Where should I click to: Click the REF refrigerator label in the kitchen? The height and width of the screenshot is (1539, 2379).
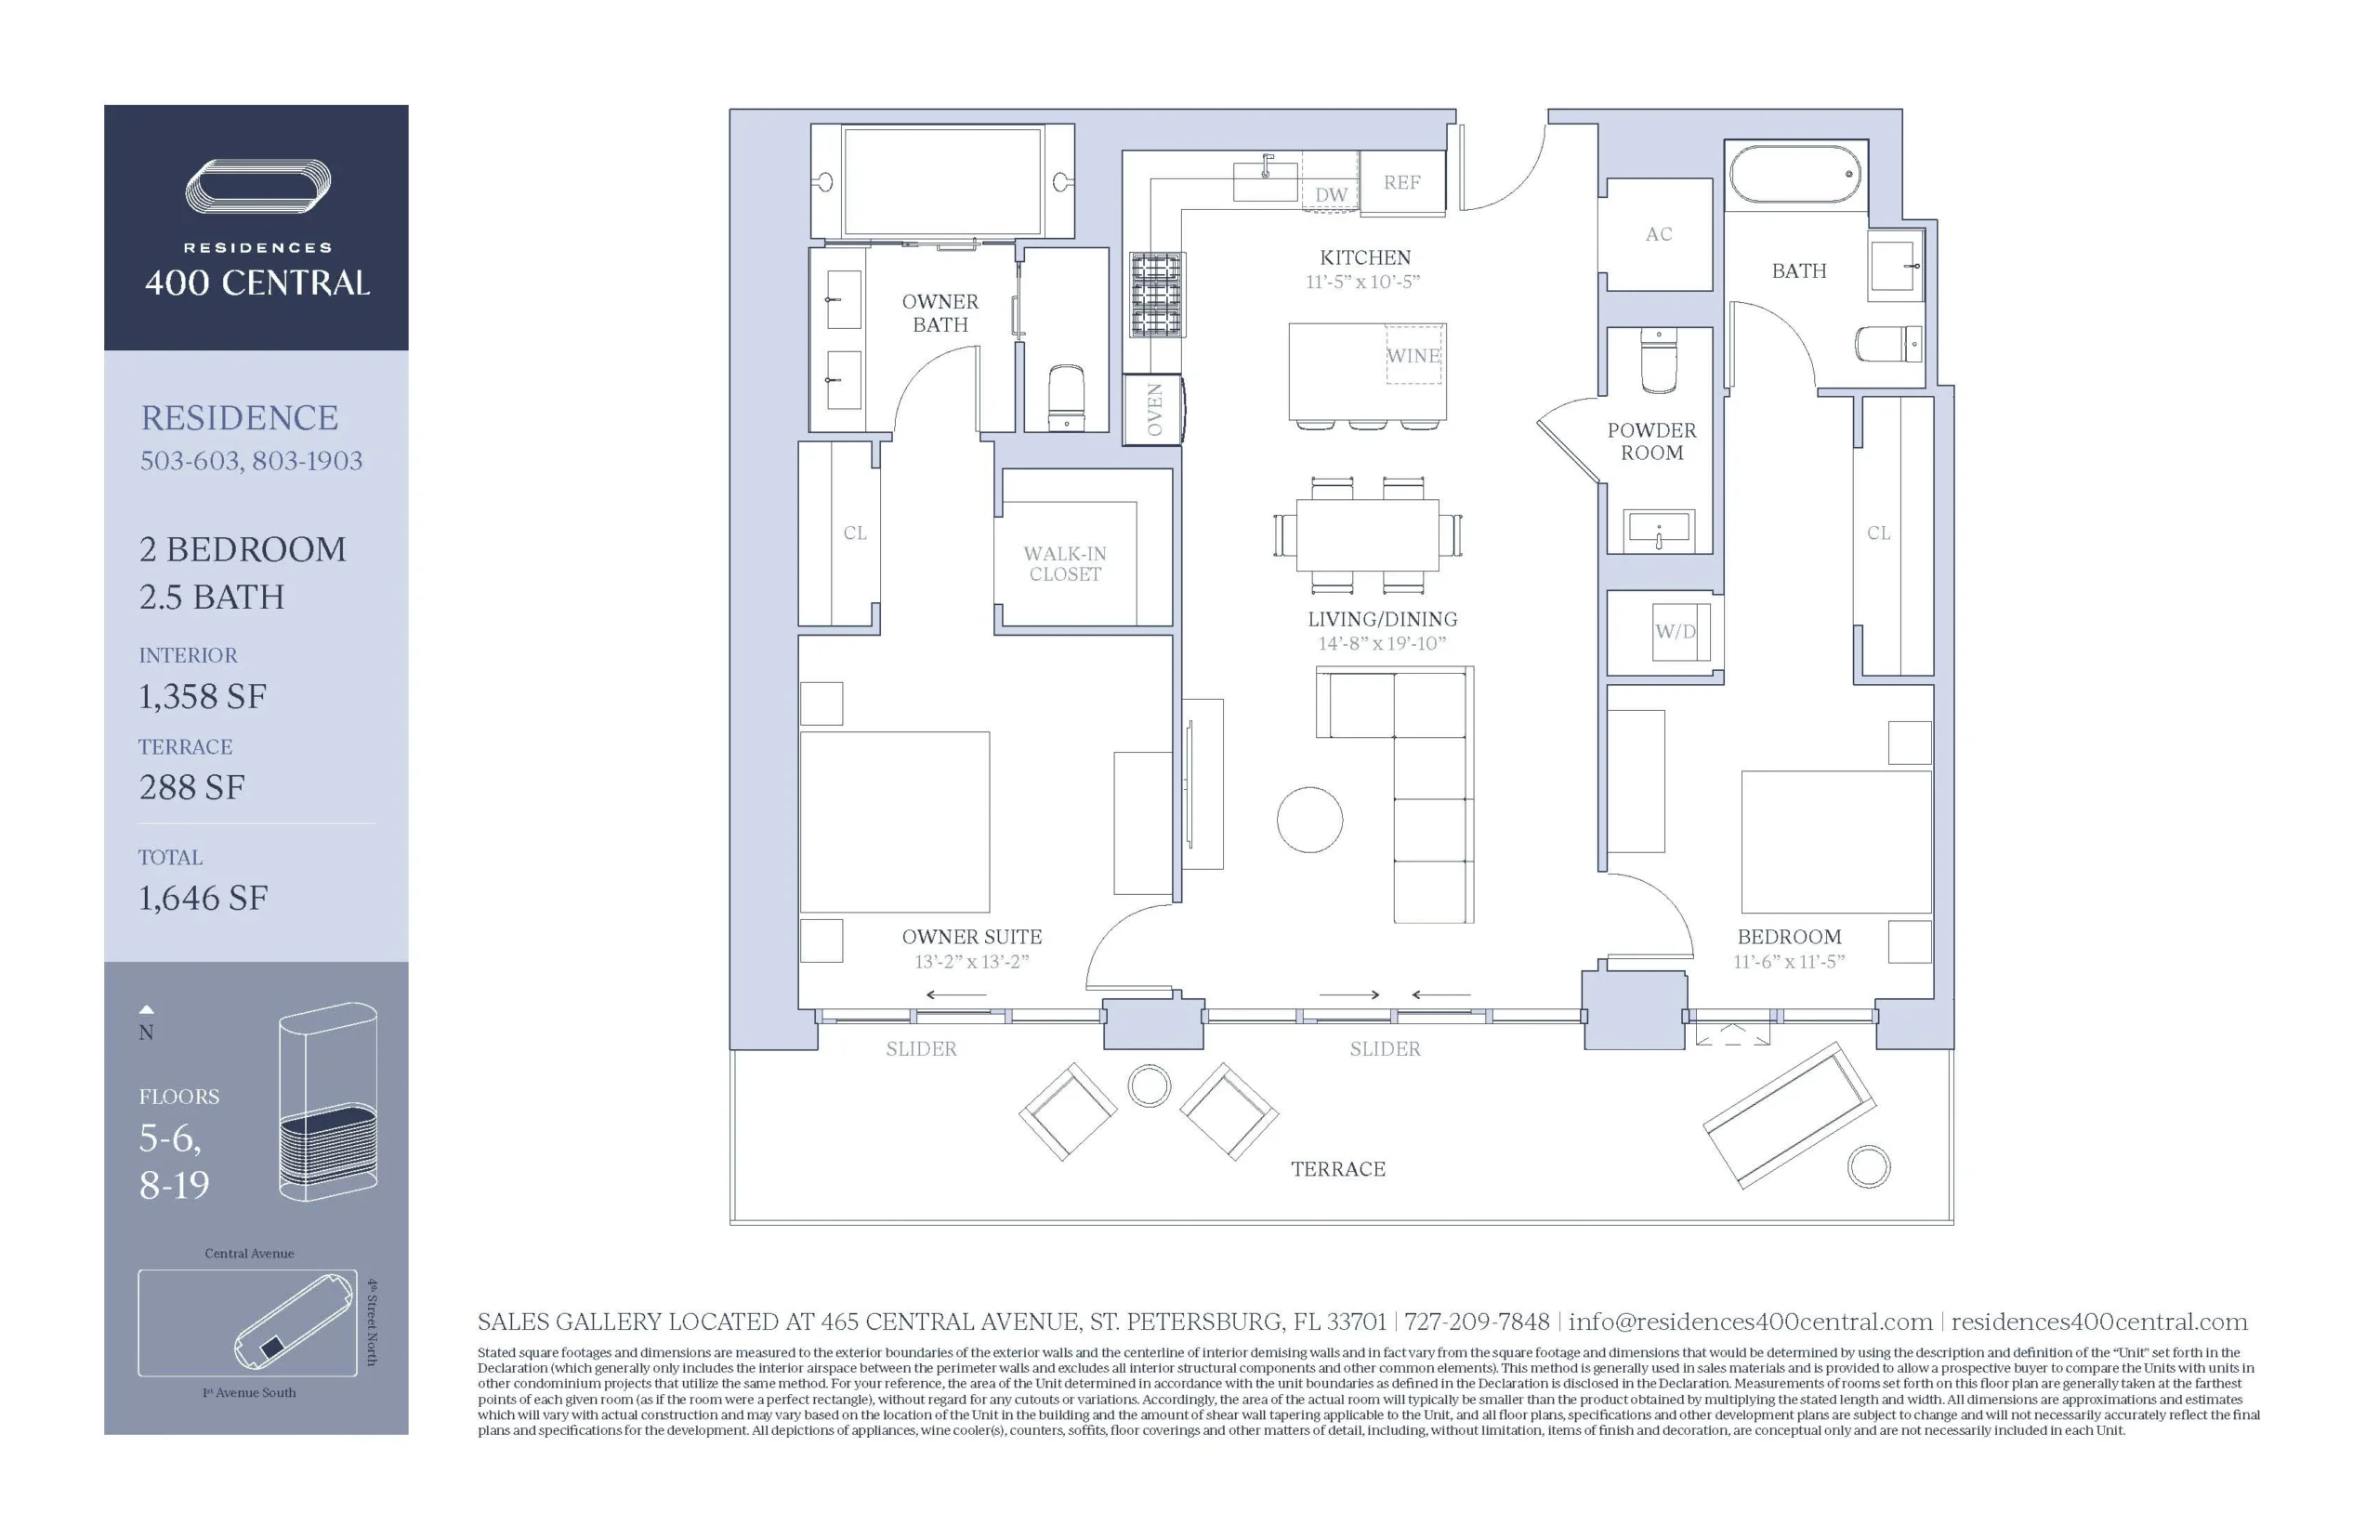tap(1400, 182)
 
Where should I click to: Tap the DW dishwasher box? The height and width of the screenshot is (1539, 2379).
tap(1330, 182)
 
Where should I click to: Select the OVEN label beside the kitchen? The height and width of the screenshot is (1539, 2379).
tap(1154, 410)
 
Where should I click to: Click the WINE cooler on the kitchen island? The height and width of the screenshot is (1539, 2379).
tap(1413, 355)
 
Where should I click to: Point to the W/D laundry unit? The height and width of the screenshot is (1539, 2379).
tap(1675, 632)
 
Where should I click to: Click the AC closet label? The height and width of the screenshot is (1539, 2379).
tap(1659, 234)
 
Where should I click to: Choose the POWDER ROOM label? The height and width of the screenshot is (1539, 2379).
tap(1651, 441)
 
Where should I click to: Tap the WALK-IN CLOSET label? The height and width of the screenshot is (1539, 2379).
tap(1065, 563)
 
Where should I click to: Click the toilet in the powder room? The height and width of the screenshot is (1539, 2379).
tap(1660, 362)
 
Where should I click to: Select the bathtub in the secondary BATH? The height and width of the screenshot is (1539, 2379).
tap(1795, 175)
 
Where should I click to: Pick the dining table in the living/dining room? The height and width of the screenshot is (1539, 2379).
tap(1367, 534)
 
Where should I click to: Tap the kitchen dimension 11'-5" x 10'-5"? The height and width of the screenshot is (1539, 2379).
tap(1363, 282)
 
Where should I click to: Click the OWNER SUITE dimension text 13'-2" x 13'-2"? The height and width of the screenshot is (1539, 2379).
tap(971, 961)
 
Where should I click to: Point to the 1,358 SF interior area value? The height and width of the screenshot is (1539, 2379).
tap(203, 697)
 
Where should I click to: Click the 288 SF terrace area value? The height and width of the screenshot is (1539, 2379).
tap(191, 787)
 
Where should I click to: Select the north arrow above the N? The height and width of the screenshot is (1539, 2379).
tap(146, 1009)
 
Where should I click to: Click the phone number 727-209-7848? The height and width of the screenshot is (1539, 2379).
tap(1477, 1322)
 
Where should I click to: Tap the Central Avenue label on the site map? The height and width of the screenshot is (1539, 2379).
tap(249, 1253)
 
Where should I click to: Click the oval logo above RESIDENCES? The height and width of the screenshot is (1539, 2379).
tap(257, 187)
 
